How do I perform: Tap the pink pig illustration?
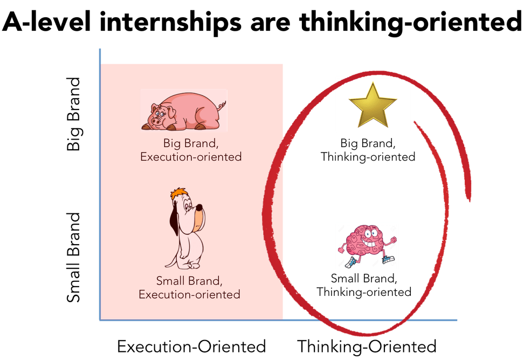183,110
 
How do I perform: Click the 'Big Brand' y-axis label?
74,114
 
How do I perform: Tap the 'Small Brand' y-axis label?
74,258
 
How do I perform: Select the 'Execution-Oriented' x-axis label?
191,345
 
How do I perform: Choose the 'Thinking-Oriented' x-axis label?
367,345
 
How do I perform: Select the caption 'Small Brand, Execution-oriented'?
189,287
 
